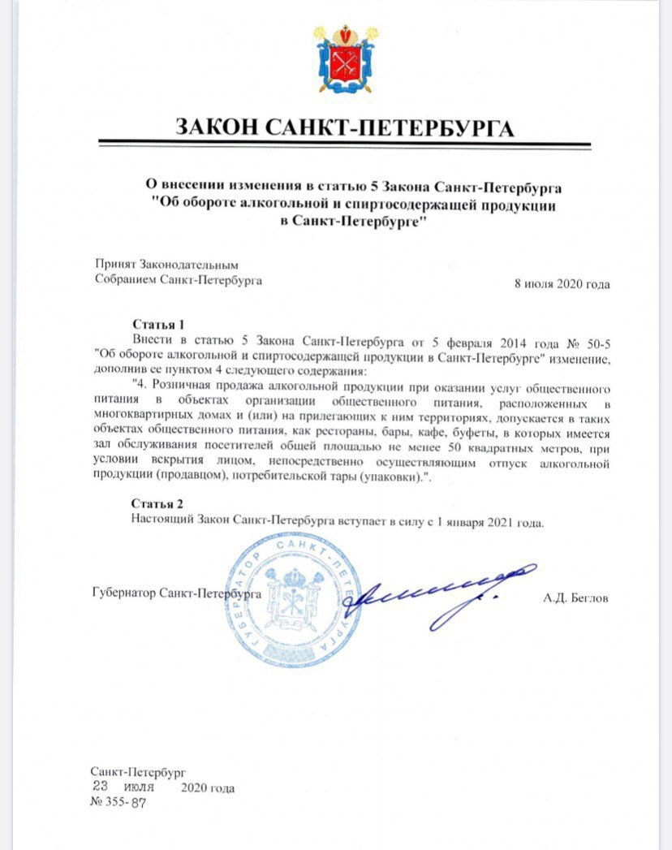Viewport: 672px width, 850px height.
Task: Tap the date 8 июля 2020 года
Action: coord(562,283)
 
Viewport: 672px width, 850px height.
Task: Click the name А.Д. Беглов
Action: coord(575,598)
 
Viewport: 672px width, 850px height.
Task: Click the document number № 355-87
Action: coord(120,800)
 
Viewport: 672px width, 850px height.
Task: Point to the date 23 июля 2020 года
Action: coord(162,787)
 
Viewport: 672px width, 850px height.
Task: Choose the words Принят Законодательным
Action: coord(167,265)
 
